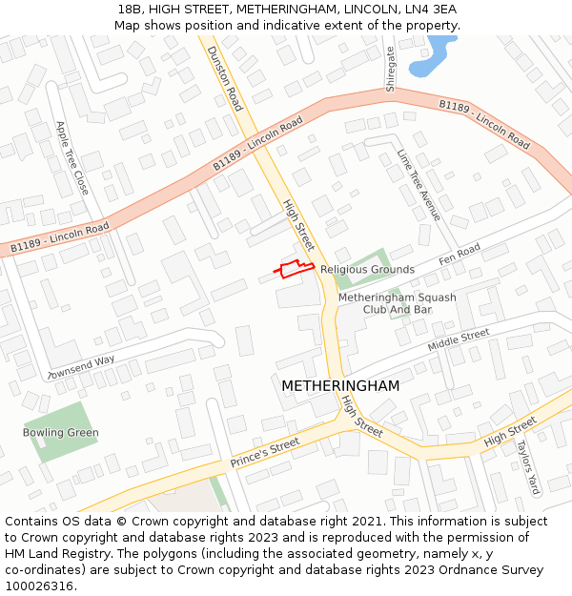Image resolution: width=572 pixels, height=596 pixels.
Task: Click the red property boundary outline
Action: point(295,268)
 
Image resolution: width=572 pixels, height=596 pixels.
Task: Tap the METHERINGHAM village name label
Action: point(340,385)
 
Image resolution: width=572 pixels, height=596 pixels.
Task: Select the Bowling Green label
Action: point(61,433)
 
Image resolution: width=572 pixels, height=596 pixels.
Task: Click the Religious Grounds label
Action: point(367,270)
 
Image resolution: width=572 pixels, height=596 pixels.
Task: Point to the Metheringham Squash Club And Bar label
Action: point(398,303)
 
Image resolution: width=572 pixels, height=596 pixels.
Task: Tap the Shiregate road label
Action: point(390,68)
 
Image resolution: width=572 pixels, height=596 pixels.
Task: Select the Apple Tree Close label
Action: point(72,157)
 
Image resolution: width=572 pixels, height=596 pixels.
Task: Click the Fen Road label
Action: point(460,254)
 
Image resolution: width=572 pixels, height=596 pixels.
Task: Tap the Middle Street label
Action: point(458,339)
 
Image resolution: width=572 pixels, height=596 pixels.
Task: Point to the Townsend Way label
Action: point(80,366)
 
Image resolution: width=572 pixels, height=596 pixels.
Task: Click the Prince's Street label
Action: point(264,453)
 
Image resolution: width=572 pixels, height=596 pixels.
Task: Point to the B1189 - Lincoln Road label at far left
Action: point(59,238)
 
